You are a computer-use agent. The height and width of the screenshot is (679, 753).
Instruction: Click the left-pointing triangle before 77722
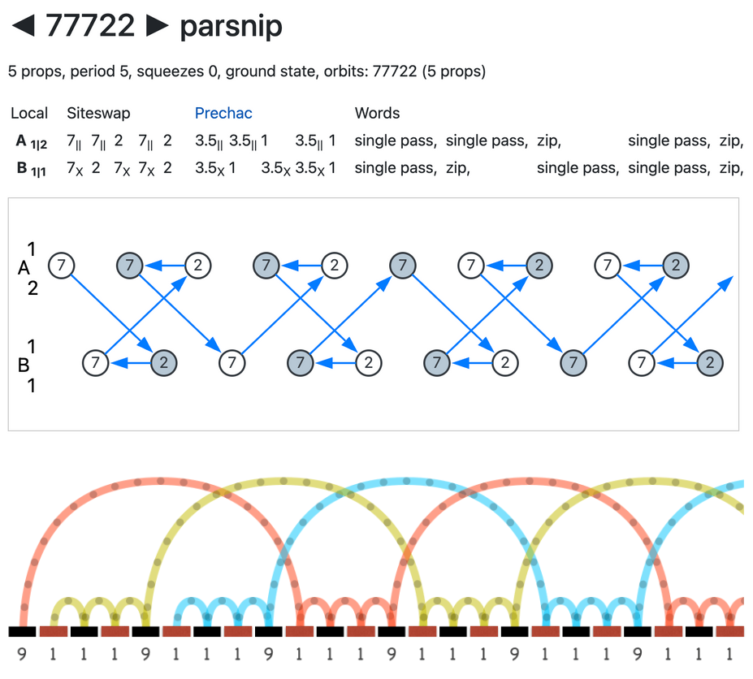(24, 26)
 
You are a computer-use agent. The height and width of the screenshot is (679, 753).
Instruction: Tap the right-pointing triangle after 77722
(156, 26)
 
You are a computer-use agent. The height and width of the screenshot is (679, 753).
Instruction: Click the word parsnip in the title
(231, 27)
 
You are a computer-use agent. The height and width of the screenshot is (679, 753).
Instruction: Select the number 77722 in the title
(89, 26)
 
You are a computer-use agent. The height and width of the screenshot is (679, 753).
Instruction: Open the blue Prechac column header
(223, 114)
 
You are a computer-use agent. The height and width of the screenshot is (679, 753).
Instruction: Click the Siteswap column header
(98, 114)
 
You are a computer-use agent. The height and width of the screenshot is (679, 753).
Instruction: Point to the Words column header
(377, 114)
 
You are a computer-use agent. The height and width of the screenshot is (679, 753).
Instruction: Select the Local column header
(29, 114)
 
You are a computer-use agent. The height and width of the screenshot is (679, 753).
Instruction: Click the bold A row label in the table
(22, 141)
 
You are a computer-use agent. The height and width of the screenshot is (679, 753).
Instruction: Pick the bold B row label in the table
(22, 168)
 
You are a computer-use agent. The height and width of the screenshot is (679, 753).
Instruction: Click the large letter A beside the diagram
(24, 268)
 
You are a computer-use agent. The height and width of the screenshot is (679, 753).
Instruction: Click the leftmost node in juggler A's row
(61, 265)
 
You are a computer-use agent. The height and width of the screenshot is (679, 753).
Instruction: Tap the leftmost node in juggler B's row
(96, 362)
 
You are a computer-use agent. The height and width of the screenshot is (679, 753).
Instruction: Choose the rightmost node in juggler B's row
(710, 362)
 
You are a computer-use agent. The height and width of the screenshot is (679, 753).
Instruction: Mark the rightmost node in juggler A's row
(674, 265)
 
